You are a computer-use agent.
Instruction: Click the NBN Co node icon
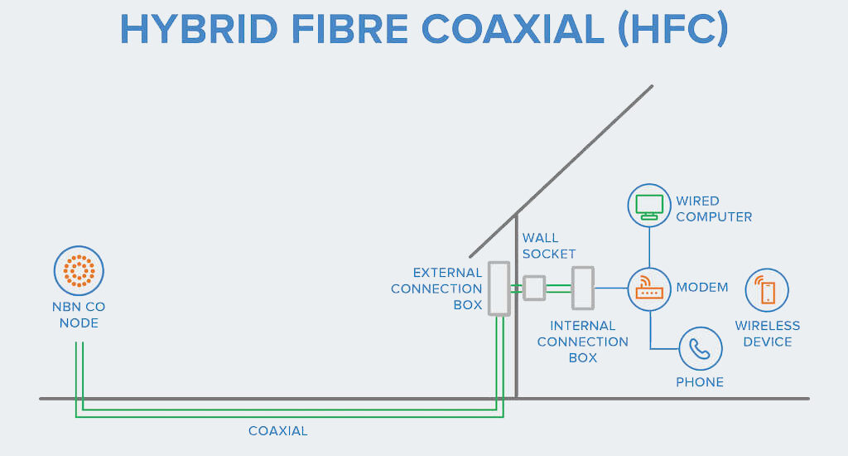pos(79,272)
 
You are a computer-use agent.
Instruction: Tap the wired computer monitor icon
pos(649,206)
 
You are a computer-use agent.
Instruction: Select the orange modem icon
pos(649,289)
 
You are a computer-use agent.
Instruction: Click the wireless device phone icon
pos(767,291)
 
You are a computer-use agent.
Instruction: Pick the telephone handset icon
pos(701,349)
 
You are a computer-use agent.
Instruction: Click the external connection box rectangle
pos(499,289)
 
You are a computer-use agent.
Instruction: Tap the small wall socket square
pos(534,288)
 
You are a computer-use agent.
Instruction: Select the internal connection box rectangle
pos(583,288)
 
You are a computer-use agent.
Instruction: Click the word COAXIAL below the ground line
pos(278,431)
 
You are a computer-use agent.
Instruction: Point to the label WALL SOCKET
pos(548,246)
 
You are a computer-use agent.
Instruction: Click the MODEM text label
pos(702,288)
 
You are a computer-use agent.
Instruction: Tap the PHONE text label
pos(700,382)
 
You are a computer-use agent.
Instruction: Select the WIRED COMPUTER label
pos(714,209)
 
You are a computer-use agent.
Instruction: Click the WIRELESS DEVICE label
pos(768,334)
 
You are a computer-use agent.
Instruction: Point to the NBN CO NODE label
pos(79,315)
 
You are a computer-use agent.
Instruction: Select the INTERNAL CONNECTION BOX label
pos(583,342)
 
